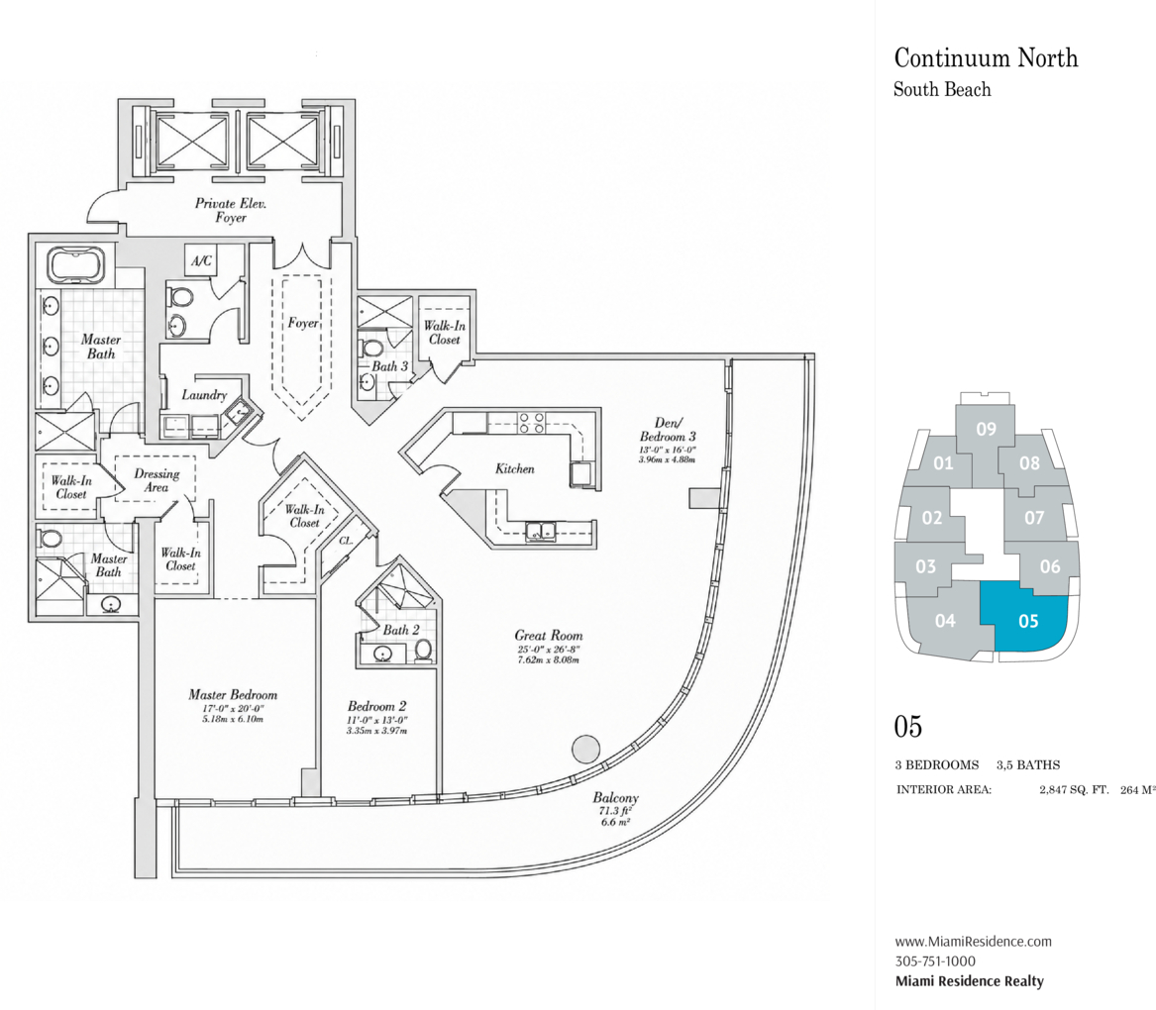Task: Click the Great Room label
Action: [549, 635]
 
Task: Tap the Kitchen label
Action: [514, 468]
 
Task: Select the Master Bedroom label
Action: [233, 694]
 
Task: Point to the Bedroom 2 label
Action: [377, 706]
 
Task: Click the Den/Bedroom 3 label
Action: [668, 430]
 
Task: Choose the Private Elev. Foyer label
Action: [231, 210]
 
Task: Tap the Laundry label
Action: [204, 395]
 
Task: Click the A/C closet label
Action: [201, 260]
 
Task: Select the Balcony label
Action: [615, 798]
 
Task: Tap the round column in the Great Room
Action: [586, 749]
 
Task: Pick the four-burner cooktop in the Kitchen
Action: [532, 423]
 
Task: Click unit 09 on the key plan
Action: [986, 429]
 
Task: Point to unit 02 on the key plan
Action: [932, 518]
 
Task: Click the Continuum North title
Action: [986, 57]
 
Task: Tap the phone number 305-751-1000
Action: [935, 961]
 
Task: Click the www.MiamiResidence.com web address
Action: [973, 942]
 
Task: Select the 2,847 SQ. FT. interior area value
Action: [1074, 789]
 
